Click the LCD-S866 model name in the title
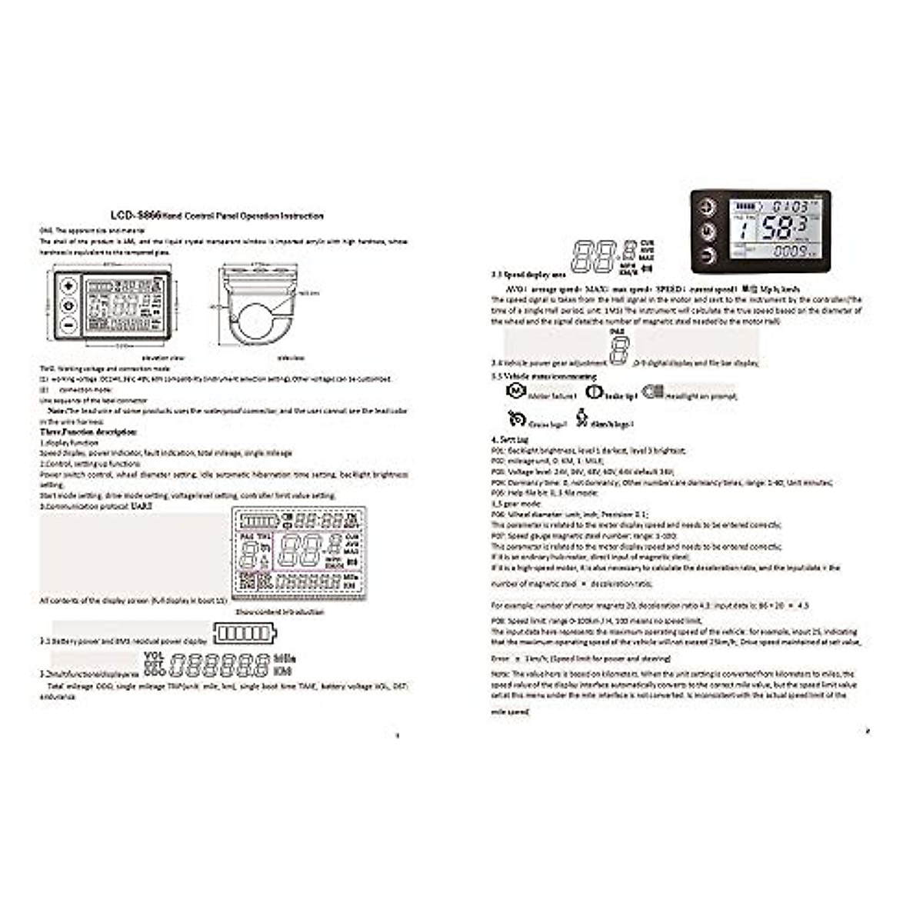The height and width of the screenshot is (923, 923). point(135,217)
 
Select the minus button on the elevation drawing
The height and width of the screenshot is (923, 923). point(69,325)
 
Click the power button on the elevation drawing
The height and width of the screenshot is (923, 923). point(69,305)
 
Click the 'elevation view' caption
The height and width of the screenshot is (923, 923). point(165,358)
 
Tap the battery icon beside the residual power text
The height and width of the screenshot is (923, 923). point(245,633)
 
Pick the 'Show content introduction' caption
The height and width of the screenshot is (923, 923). point(279,612)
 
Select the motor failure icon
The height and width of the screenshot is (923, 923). point(515,392)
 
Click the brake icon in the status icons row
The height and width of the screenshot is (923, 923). point(592,392)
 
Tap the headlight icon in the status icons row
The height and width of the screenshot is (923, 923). point(652,392)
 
